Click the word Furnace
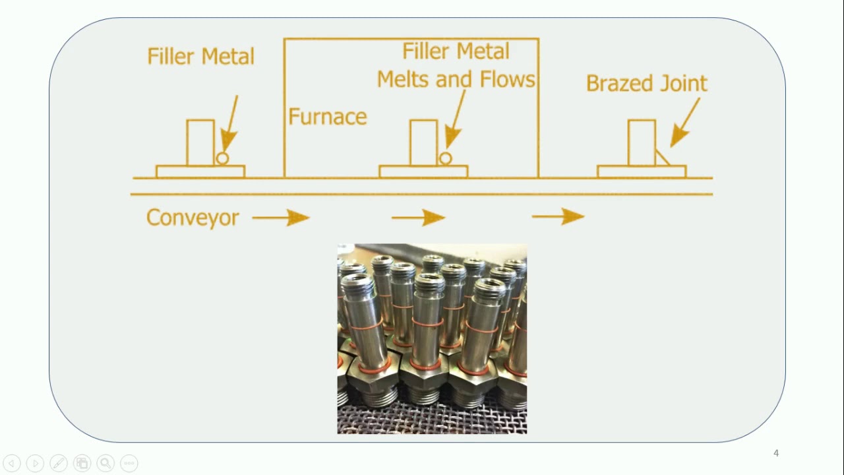(327, 117)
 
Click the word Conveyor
(193, 217)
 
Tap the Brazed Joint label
(646, 83)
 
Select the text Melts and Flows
(456, 79)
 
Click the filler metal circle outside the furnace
(222, 158)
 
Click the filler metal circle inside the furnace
(445, 158)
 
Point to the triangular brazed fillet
(660, 159)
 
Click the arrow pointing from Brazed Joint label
(685, 123)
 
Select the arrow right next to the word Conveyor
(280, 217)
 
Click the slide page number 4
(776, 453)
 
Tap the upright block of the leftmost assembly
(200, 142)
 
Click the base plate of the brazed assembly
(641, 172)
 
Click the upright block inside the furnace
(423, 142)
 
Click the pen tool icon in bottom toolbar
(58, 463)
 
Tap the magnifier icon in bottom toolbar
(105, 463)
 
